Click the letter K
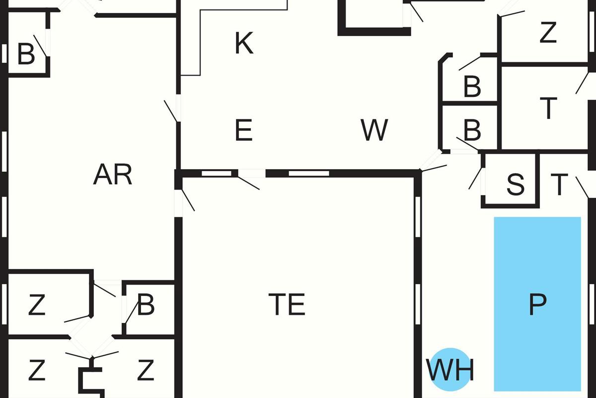pos(244,43)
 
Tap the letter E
pos(243,131)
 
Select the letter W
pos(374,130)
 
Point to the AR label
pos(113,175)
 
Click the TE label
pos(287,304)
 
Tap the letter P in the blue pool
pos(537,304)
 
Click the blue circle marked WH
pos(450,370)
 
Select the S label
pos(515,185)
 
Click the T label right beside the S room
pos(559,185)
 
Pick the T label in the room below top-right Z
pos(548,108)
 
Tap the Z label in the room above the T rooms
pos(548,33)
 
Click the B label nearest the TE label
pos(146,305)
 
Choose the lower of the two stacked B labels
pos(472,131)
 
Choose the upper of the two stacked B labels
pos(472,87)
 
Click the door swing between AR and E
pos(171,110)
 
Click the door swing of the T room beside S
pos(582,187)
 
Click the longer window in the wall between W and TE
pos(309,174)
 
